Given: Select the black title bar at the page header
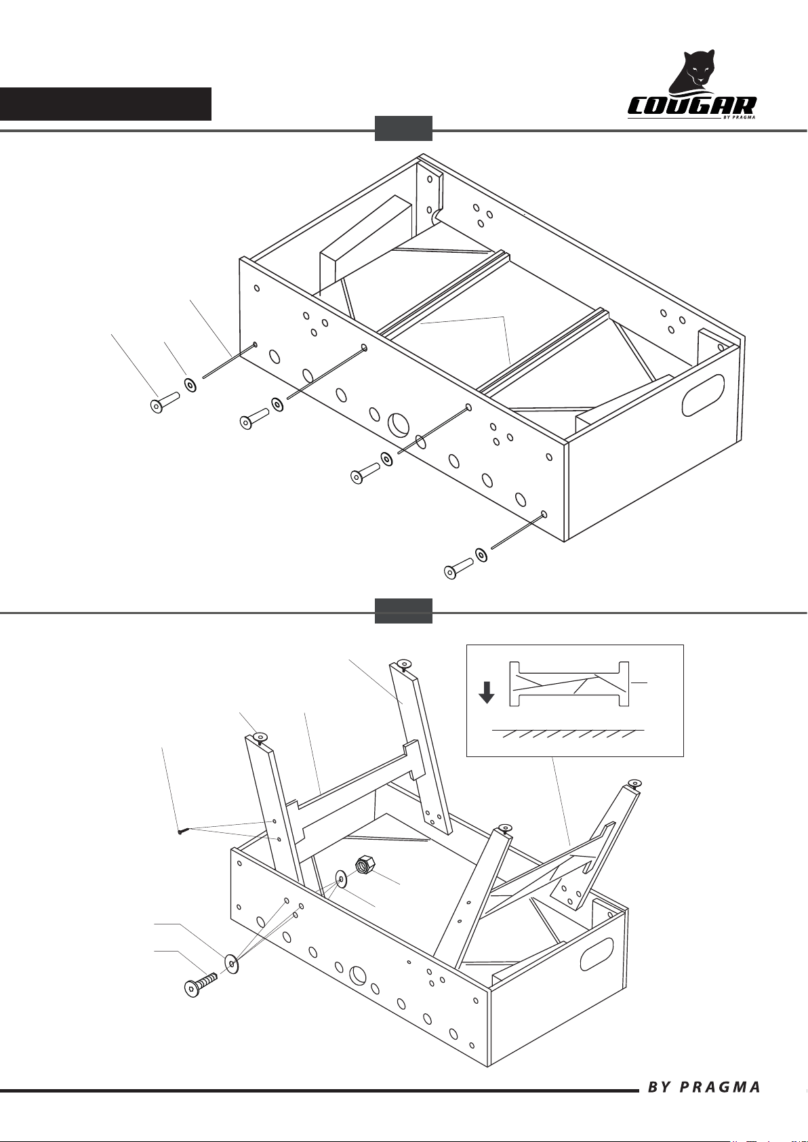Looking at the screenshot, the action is point(106,104).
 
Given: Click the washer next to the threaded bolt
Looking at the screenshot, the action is point(232,964).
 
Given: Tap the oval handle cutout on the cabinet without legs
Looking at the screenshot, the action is point(704,394).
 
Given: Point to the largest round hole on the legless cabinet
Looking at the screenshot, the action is point(399,425).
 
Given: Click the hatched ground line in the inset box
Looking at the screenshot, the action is point(568,733).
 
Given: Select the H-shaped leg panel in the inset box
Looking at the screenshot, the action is point(569,684).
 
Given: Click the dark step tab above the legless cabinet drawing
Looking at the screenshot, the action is point(404,129).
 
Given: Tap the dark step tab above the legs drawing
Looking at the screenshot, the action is point(404,611).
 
